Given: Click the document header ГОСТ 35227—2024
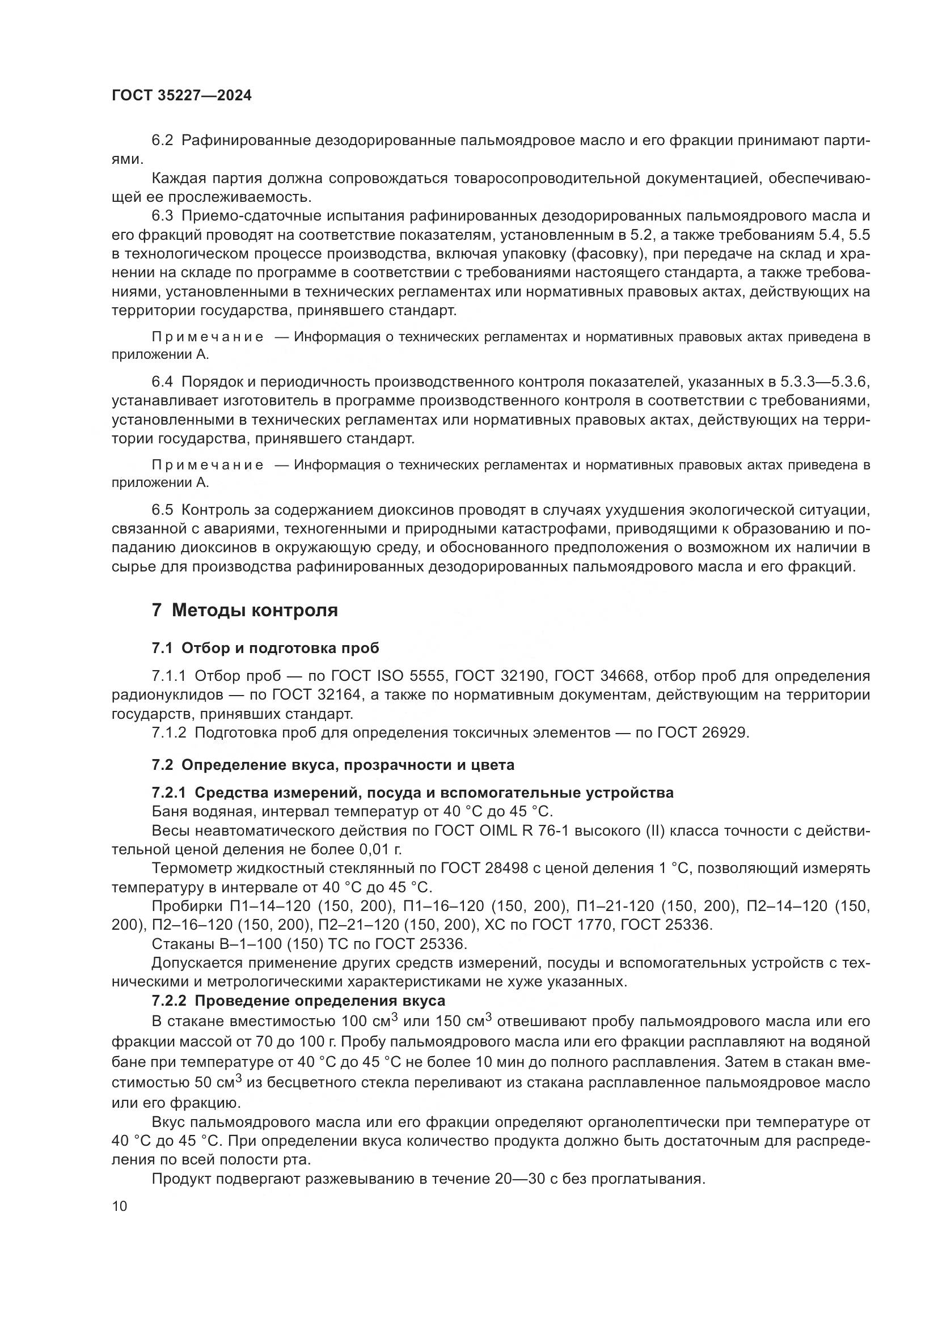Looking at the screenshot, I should [x=181, y=96].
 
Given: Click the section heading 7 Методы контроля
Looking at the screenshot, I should [x=244, y=610].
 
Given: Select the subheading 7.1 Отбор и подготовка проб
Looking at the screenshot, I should [x=265, y=648].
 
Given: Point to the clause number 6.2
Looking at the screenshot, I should [x=162, y=141].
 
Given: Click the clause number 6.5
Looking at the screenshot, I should [x=162, y=510].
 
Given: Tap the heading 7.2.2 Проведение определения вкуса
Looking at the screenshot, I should [x=298, y=1001].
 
